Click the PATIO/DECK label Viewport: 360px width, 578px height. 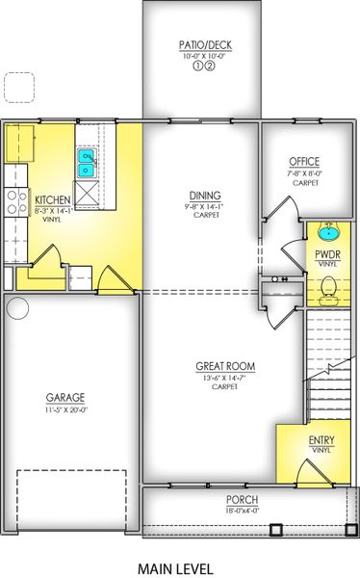205,45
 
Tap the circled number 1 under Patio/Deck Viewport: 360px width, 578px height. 198,66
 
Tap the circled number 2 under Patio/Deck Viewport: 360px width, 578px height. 210,66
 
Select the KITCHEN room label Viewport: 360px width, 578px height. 53,200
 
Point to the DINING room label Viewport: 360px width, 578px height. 205,196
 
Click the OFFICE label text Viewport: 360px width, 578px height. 304,162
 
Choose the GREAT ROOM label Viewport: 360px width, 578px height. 225,366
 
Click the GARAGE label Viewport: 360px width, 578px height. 65,398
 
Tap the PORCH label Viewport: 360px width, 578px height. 243,500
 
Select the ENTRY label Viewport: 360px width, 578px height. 321,440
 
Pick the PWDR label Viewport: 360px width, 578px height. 327,254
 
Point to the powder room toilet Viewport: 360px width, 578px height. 328,291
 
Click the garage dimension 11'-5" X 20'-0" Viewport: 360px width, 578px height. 65,410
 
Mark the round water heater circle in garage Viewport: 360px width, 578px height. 17,308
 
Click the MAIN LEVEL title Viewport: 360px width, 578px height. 175,568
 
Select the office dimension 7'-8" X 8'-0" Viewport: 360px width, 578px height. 305,173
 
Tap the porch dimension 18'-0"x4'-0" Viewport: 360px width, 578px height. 243,511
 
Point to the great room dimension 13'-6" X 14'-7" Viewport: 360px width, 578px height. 224,378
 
